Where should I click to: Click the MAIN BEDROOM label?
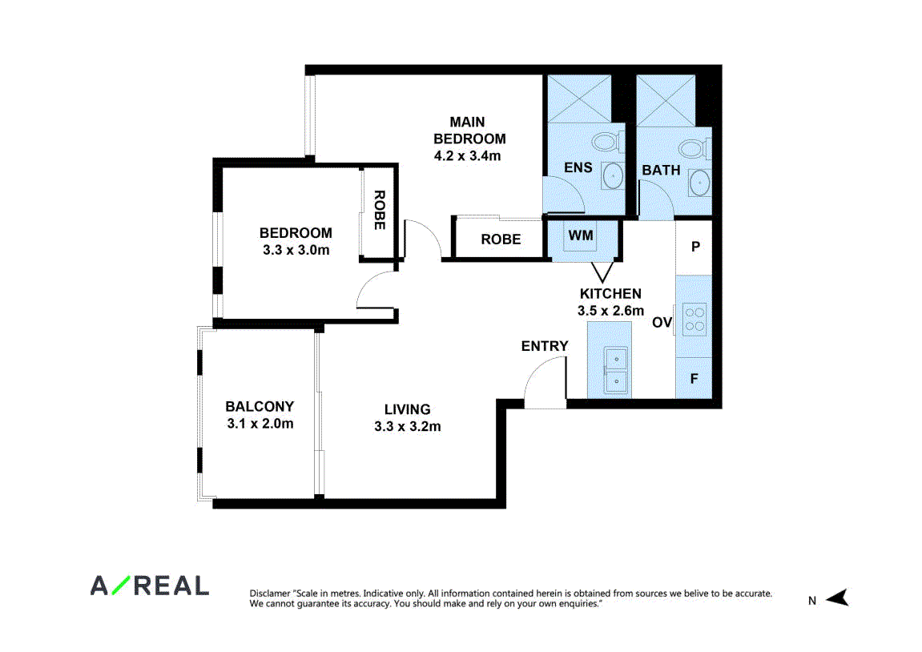tap(469, 131)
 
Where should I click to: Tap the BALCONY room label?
tap(260, 406)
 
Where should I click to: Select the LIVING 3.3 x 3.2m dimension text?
tap(408, 426)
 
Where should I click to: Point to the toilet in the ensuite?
tap(605, 143)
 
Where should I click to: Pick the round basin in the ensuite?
tap(613, 175)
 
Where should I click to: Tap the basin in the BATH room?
tap(700, 183)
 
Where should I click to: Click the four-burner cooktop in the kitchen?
tap(695, 320)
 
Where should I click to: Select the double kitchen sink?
tap(616, 371)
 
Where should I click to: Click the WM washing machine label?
tap(581, 235)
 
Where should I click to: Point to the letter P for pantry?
tap(695, 247)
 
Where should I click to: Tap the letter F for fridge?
tap(694, 379)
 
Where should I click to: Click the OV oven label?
tap(662, 322)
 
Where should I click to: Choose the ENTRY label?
tap(545, 346)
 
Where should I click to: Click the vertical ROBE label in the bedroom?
tap(380, 210)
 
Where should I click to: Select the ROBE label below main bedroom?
tap(501, 239)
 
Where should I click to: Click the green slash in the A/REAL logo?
tap(121, 585)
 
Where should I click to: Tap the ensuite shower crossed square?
tap(579, 99)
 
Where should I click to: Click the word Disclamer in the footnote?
tap(270, 594)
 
